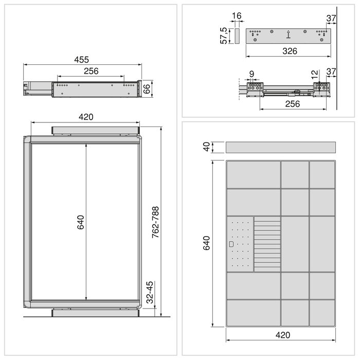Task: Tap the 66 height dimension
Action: [146, 88]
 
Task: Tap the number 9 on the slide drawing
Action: [251, 75]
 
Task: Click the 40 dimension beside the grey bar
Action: [207, 147]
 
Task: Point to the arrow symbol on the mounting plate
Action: [289, 35]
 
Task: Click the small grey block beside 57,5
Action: [237, 36]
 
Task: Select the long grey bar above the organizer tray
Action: [280, 147]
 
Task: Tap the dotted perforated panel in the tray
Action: [240, 244]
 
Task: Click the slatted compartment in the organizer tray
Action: [267, 244]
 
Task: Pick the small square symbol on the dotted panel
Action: [231, 244]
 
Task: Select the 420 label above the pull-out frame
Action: [86, 117]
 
